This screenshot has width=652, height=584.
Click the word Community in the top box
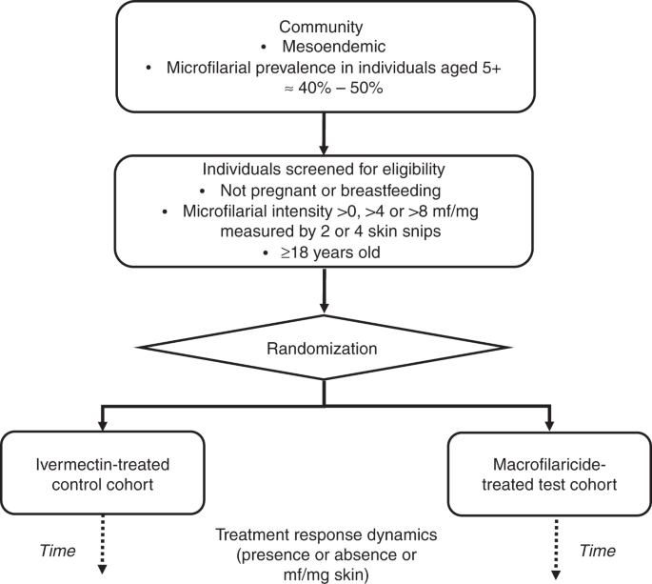321,28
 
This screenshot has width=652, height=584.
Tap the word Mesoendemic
334,47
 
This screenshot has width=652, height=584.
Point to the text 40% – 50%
340,89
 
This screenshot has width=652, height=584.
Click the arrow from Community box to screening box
324,133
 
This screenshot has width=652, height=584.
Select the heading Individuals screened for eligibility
324,170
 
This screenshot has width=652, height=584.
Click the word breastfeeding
390,191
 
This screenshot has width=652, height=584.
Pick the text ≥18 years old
330,252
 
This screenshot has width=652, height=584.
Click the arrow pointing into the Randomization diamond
324,291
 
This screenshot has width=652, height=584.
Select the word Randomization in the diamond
322,349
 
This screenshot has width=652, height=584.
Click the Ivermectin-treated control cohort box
102,473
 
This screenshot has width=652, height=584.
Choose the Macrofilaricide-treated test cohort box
549,473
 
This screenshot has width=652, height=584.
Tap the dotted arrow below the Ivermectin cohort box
102,544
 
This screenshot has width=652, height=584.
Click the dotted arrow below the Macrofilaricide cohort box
556,548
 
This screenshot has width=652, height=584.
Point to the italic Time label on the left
57,551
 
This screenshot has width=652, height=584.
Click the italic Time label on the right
598,551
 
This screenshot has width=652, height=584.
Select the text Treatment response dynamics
326,534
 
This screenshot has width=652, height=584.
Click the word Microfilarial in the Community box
208,68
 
